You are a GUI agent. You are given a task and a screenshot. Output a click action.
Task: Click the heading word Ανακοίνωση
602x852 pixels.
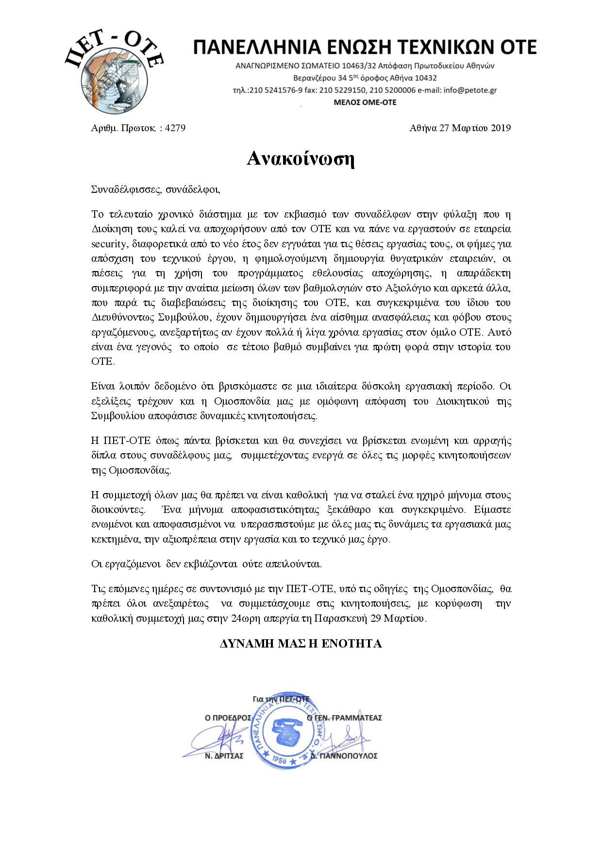(301, 158)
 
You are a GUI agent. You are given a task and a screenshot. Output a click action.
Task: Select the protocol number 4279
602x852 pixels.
(175, 128)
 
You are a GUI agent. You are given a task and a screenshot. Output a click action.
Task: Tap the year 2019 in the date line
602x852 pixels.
(500, 128)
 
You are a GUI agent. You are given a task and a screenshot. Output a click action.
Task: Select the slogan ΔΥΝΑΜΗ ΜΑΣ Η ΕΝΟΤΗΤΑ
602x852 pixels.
(301, 644)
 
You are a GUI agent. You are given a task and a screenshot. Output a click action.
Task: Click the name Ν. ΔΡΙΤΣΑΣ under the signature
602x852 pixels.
(224, 756)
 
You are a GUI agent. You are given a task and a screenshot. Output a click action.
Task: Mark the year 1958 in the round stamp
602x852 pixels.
(279, 758)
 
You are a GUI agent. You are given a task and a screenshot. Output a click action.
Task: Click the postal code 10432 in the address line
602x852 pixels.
(426, 78)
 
